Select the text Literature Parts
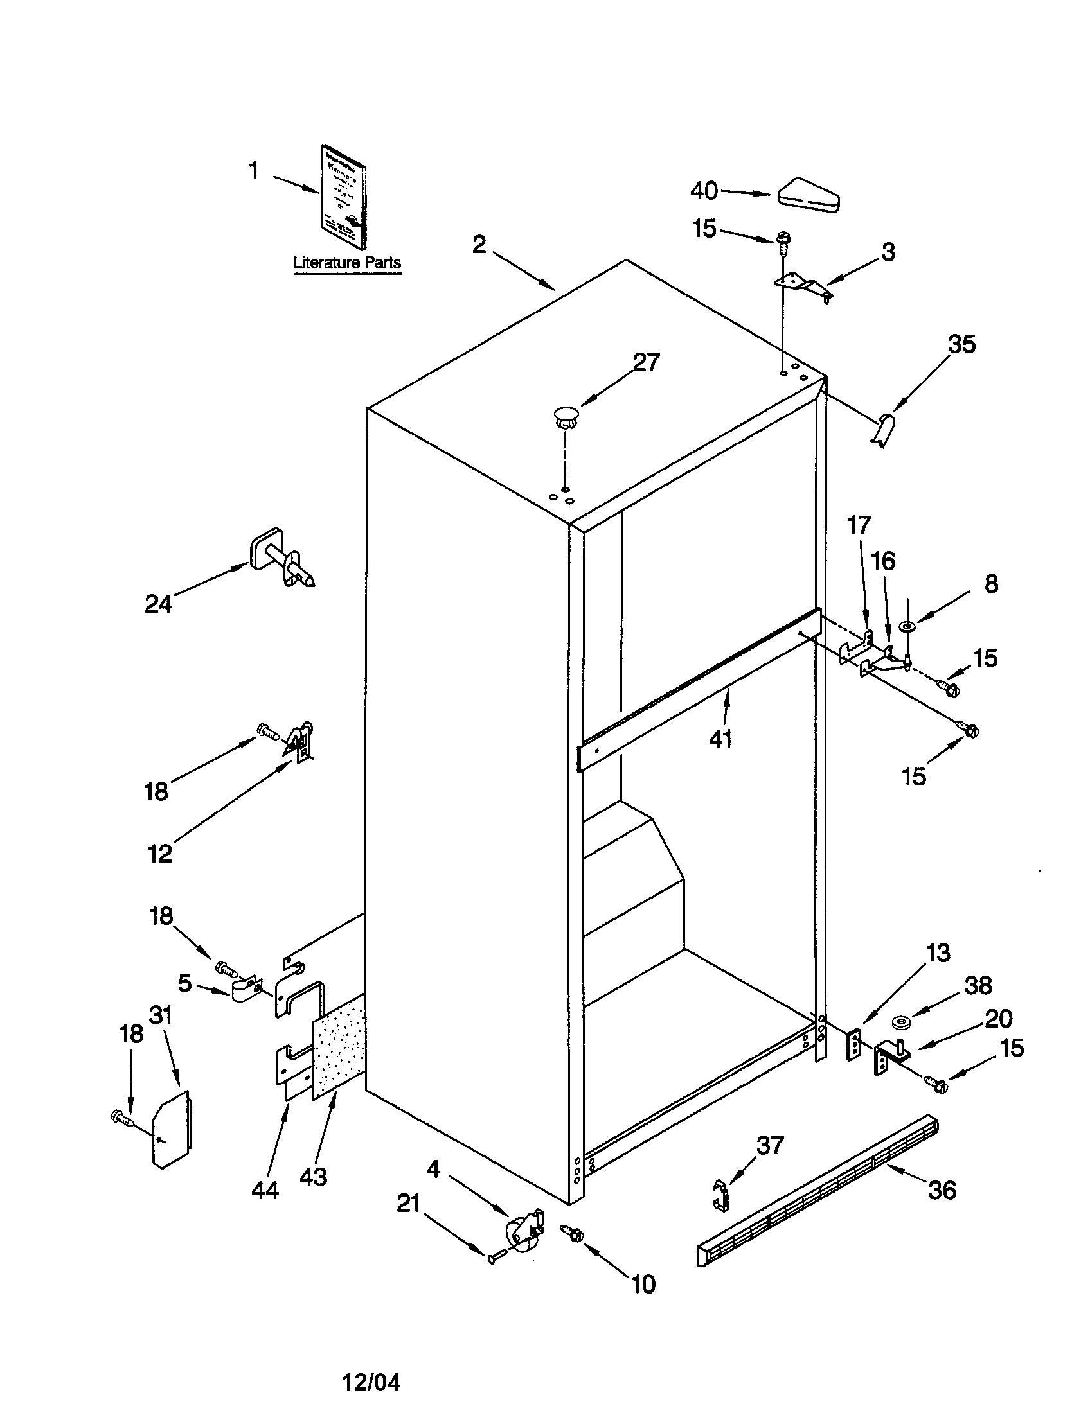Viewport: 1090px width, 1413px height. (347, 263)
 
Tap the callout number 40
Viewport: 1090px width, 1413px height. (704, 191)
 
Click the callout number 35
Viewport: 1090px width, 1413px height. (961, 344)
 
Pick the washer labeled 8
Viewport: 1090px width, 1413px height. (907, 626)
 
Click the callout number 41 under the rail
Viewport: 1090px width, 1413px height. (720, 738)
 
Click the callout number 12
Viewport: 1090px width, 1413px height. (160, 854)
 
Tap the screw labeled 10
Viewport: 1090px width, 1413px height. (573, 1233)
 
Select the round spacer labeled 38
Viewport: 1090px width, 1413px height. (900, 1024)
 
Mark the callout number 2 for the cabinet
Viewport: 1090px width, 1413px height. (479, 245)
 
